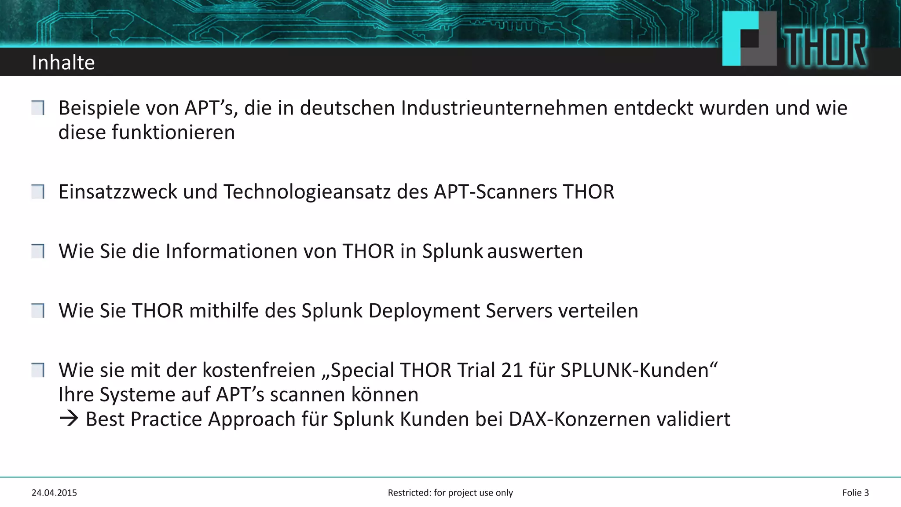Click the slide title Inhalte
click(x=63, y=62)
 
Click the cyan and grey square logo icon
click(x=749, y=39)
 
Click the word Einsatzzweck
click(x=117, y=192)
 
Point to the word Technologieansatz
click(x=307, y=192)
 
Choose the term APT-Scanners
click(x=495, y=192)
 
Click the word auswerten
click(x=535, y=251)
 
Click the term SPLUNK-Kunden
click(x=639, y=370)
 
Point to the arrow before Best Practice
click(x=69, y=419)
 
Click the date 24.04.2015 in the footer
click(x=54, y=493)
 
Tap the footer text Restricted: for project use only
click(x=450, y=493)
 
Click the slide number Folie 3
click(x=855, y=493)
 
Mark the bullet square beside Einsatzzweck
click(x=38, y=192)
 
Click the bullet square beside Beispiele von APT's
click(x=38, y=108)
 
